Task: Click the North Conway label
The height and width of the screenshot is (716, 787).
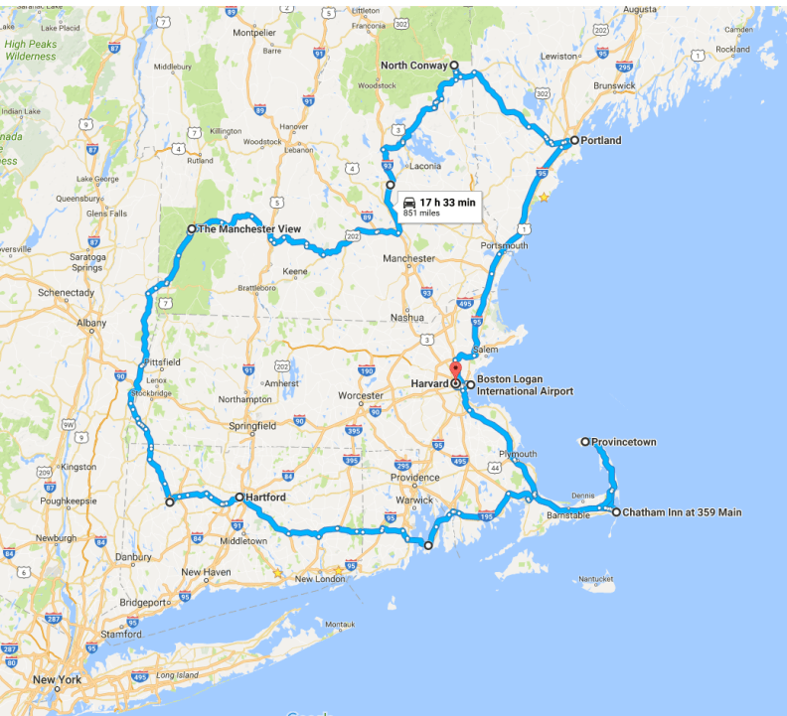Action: tap(413, 66)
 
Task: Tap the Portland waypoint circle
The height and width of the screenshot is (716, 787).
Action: tap(574, 140)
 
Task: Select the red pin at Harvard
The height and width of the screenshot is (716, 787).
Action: tap(455, 374)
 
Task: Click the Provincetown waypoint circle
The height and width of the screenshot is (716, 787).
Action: tap(585, 441)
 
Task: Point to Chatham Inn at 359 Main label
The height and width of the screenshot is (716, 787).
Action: tap(683, 512)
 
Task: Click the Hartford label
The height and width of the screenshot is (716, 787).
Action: tap(266, 497)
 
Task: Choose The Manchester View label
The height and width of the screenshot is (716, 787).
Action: tap(248, 229)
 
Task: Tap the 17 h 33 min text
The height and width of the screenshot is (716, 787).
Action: tap(447, 202)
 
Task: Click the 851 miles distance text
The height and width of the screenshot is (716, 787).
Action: tap(421, 213)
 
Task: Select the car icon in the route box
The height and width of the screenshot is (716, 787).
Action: tap(409, 202)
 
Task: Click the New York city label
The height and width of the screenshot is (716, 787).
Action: tap(56, 680)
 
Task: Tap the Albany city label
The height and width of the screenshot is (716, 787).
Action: tap(90, 323)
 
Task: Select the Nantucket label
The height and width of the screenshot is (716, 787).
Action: tap(596, 579)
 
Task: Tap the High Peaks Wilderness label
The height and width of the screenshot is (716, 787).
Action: tap(30, 51)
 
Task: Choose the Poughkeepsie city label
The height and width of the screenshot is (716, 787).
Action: tap(70, 501)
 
